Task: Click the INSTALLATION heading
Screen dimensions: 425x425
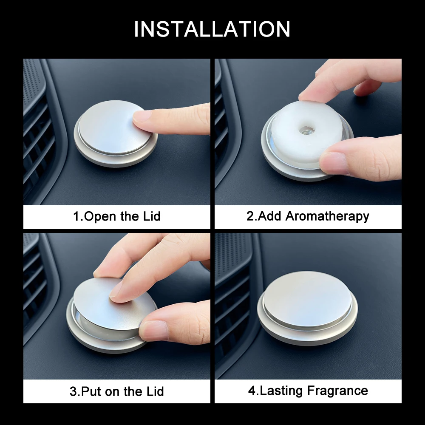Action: [x=212, y=29]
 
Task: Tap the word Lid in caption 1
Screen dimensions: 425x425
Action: [x=151, y=216]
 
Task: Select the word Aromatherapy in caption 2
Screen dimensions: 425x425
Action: [x=327, y=216]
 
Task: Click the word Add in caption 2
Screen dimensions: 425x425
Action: [x=270, y=216]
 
